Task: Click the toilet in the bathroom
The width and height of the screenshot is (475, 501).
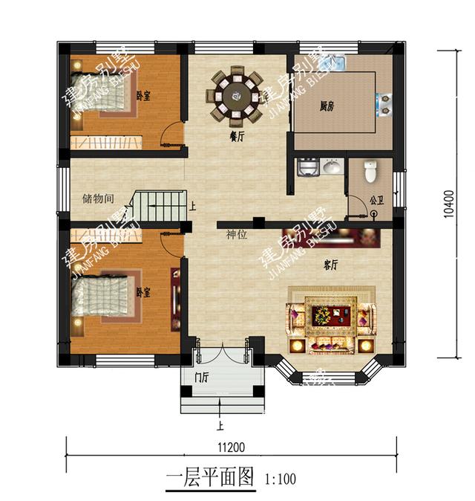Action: coord(372,172)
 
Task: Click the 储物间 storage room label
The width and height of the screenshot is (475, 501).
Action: coord(98,199)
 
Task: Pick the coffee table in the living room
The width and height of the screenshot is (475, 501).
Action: coord(331,315)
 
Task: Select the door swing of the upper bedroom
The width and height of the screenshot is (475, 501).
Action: coord(172,135)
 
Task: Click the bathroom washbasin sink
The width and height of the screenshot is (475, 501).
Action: coord(333,167)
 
